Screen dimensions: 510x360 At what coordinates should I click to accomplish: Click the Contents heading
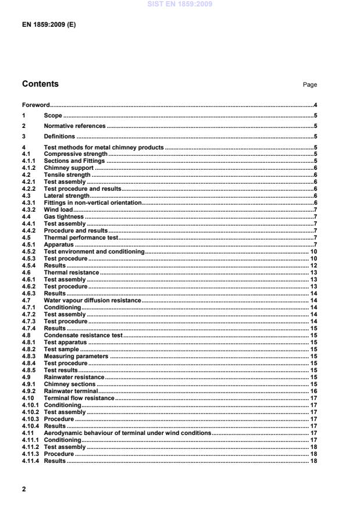coord(40,84)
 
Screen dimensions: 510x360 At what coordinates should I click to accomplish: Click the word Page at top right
coord(309,85)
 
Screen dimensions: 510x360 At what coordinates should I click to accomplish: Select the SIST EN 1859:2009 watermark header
coord(180,4)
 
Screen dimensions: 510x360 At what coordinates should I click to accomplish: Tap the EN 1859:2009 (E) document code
coord(49,26)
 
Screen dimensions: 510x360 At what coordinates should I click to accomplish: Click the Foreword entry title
coord(35,105)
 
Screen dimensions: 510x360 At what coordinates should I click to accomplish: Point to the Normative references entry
coord(74,126)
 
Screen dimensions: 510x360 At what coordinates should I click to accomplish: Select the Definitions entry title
coord(60,136)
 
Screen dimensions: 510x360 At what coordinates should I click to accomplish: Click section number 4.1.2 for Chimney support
coord(30,167)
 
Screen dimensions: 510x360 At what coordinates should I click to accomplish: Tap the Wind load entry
coord(57,209)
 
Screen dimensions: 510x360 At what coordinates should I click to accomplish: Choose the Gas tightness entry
coord(64,216)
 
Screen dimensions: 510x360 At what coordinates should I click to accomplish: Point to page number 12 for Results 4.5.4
coord(312,265)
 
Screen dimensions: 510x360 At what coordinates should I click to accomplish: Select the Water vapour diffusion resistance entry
coord(92,300)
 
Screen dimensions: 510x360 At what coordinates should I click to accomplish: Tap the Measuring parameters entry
coord(76,356)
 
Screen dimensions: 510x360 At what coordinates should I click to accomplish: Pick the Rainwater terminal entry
coord(71,391)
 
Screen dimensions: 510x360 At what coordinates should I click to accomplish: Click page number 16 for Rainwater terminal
coord(312,391)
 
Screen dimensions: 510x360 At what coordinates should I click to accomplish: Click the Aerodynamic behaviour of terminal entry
coord(127,433)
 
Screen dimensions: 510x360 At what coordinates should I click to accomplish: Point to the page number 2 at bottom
coord(24,489)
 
